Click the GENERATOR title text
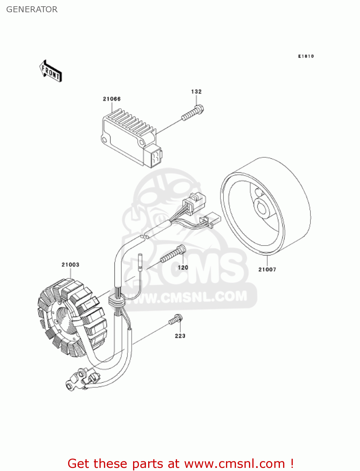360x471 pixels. (32, 9)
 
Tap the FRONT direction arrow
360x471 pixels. (51, 71)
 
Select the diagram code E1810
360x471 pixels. (306, 56)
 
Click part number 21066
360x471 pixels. (112, 99)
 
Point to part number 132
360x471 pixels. (196, 92)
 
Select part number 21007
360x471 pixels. (267, 269)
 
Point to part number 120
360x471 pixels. (183, 268)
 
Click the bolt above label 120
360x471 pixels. (173, 254)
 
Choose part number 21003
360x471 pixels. (70, 265)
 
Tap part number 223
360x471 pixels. (180, 336)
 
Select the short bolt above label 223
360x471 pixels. (175, 320)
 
